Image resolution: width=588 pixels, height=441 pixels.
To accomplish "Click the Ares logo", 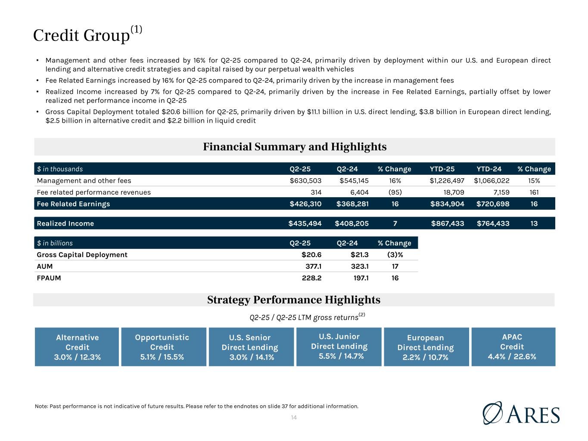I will (521, 413).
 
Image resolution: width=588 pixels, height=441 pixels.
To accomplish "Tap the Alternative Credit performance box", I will (77, 347).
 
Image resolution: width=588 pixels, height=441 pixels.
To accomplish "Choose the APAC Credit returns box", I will (513, 347).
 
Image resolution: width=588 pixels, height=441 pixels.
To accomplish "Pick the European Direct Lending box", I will (426, 347).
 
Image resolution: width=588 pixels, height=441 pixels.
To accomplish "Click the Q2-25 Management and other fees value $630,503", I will (305, 181).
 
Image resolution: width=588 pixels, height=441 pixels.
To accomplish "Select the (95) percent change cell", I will (395, 193).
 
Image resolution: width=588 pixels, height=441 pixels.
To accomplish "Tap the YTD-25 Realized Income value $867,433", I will (448, 224).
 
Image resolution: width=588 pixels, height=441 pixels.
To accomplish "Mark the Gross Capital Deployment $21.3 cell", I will (359, 255).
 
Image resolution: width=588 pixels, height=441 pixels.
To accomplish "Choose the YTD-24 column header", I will (489, 169).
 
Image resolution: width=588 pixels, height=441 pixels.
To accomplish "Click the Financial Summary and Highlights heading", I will (295, 147).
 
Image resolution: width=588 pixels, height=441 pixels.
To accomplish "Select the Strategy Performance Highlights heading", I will (294, 300).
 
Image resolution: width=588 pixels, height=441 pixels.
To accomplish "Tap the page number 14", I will (294, 418).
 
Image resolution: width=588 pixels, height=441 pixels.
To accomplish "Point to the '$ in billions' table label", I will (55, 243).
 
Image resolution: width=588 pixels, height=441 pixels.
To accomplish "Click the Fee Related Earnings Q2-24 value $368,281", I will (352, 204).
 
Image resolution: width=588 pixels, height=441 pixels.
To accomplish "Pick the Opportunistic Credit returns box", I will (162, 347).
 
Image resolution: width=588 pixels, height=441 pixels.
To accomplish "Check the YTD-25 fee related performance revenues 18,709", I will (452, 193).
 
